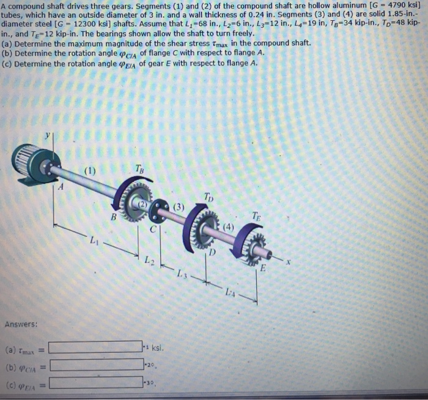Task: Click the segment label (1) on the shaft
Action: point(89,171)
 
